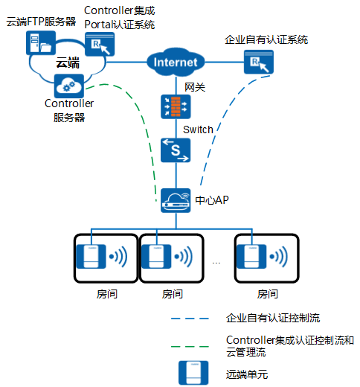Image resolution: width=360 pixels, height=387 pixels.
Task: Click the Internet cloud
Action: point(176,62)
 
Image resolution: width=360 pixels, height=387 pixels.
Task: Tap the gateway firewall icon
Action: point(176,106)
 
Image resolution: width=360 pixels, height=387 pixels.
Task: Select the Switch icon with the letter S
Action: point(176,150)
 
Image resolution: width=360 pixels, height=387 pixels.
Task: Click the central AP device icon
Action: point(176,200)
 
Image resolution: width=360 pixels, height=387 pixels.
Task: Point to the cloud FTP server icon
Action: point(41,43)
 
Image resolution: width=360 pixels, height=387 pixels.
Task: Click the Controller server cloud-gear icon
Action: point(69,86)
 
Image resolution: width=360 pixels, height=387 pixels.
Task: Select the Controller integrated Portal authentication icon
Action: point(100,44)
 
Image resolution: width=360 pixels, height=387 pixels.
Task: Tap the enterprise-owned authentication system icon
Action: point(259,62)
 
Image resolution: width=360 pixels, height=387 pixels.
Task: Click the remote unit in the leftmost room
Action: point(91,256)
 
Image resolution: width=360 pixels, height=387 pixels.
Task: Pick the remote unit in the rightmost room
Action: point(251,256)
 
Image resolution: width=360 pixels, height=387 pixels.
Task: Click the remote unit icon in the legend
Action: point(193,373)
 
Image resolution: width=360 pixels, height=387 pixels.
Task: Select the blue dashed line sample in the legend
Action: point(190,319)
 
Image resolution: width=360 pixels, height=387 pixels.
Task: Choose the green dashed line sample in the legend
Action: point(190,346)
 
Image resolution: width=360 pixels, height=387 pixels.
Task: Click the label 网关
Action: point(195,87)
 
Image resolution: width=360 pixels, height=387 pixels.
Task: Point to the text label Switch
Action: point(198,129)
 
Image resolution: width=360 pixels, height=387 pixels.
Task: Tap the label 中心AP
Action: point(212,200)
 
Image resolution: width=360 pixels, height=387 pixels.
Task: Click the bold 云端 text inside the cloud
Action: point(68,63)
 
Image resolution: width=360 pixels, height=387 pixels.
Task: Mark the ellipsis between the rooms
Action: point(216,263)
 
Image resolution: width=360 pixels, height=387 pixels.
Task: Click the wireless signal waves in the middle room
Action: point(184,256)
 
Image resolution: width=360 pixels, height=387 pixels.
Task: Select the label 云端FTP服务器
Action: point(41,22)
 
